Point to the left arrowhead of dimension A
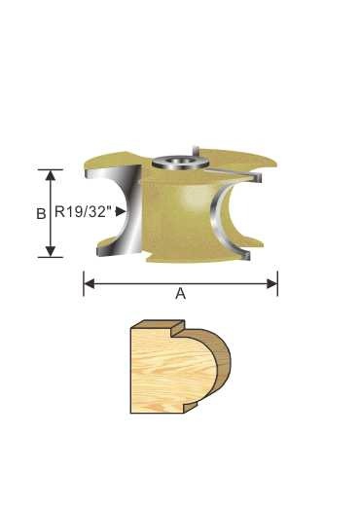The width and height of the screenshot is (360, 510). (x=88, y=284)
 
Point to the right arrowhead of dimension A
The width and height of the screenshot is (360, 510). (x=273, y=284)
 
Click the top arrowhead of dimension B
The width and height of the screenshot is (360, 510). (x=50, y=173)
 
